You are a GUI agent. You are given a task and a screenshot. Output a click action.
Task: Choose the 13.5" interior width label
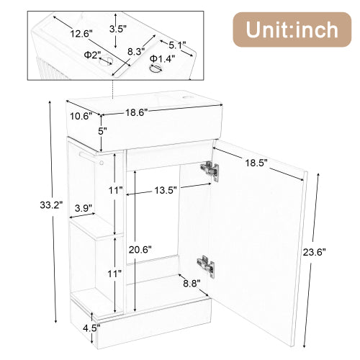166,191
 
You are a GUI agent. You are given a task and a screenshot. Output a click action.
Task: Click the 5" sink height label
102,131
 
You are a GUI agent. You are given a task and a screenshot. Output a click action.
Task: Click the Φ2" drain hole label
92,54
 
